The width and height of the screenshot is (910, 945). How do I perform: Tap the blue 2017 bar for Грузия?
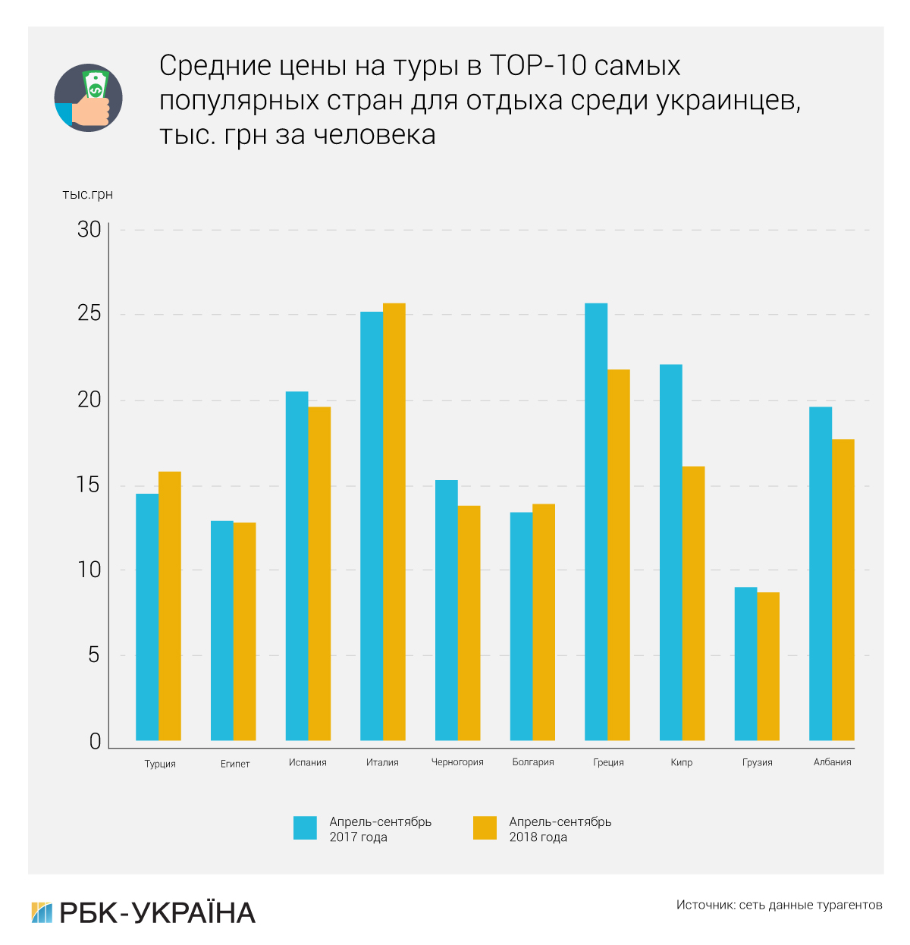(x=745, y=664)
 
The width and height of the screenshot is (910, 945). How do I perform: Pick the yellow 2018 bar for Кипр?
(x=693, y=603)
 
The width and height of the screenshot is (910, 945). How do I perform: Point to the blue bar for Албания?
(x=821, y=573)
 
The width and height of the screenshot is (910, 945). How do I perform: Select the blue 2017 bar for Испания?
(x=297, y=566)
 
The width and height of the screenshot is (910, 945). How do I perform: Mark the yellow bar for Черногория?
(x=469, y=623)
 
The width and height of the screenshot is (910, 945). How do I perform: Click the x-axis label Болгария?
(x=533, y=762)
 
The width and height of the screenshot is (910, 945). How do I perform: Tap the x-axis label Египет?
(x=235, y=764)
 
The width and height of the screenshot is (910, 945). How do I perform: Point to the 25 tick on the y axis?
(x=89, y=313)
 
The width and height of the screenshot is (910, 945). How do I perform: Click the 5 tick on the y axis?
(x=93, y=655)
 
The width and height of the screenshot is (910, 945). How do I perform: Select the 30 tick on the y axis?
(x=89, y=229)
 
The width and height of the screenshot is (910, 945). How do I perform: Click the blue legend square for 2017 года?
(x=305, y=827)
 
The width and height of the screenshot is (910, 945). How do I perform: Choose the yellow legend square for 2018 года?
(x=485, y=827)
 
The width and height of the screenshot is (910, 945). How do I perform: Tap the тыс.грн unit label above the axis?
(x=87, y=195)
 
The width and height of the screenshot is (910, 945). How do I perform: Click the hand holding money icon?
(x=88, y=98)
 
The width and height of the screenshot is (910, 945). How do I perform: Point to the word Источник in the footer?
(x=704, y=905)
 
